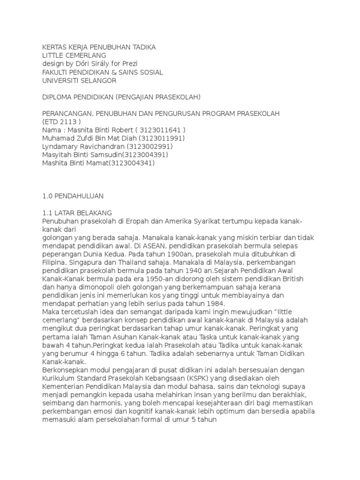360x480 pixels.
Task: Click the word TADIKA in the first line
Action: click(x=142, y=47)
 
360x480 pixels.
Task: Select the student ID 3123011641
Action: click(x=158, y=129)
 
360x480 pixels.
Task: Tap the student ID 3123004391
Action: click(x=143, y=155)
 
